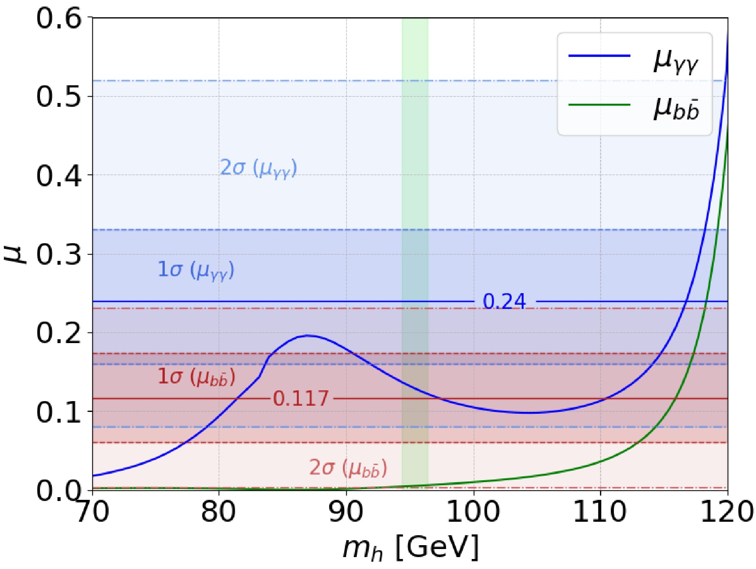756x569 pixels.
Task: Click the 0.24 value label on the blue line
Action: click(504, 301)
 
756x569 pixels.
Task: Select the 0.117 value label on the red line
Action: click(301, 398)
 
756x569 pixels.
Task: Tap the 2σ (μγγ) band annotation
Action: click(259, 168)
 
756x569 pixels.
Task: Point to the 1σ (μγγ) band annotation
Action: click(196, 270)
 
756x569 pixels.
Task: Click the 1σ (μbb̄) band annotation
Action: click(196, 377)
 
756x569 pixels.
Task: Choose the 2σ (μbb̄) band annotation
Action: click(348, 468)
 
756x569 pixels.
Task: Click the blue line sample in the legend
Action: click(599, 56)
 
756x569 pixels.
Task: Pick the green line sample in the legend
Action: click(599, 105)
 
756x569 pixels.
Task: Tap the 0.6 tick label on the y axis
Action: click(59, 18)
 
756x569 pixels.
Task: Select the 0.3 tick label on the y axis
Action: click(59, 254)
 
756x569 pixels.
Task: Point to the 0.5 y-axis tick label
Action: click(59, 96)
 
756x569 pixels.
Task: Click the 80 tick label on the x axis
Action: click(219, 512)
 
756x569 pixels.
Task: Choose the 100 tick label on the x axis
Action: click(473, 512)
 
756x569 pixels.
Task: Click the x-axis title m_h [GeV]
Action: click(410, 547)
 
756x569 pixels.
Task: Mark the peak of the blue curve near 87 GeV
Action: click(307, 335)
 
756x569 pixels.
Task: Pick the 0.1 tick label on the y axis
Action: click(59, 412)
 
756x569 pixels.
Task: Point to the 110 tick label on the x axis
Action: click(600, 512)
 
